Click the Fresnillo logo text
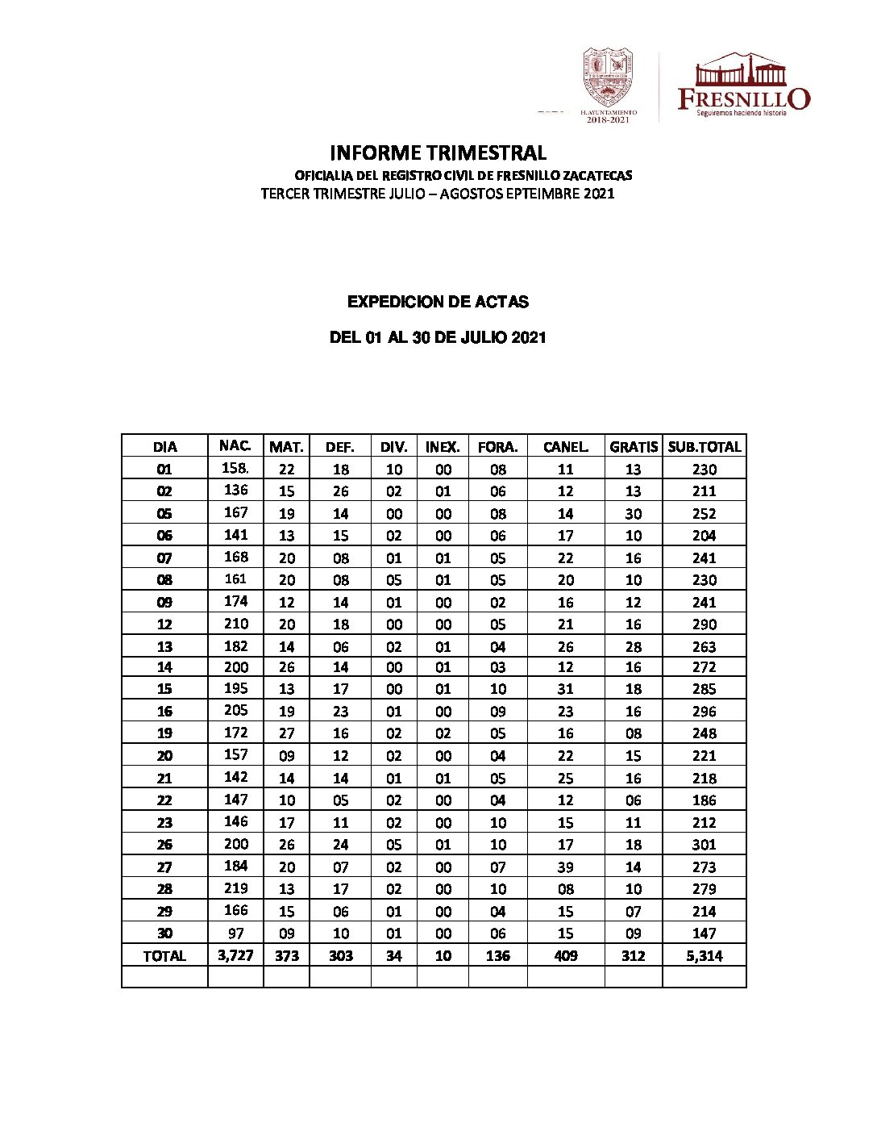[x=743, y=98]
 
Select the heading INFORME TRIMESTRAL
[x=438, y=152]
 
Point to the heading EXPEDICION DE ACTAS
[x=438, y=302]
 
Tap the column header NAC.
[x=235, y=445]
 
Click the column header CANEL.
[x=566, y=446]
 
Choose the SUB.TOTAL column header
[x=704, y=446]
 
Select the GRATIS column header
[x=634, y=446]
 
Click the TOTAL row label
[x=164, y=956]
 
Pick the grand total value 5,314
[x=704, y=956]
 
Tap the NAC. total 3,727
[x=235, y=955]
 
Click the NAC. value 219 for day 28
[x=236, y=888]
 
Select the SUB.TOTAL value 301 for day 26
[x=704, y=845]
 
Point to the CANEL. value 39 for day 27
[x=566, y=867]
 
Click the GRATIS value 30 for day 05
[x=634, y=514]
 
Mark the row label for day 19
[x=164, y=733]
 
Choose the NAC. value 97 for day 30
[x=236, y=933]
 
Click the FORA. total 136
[x=498, y=956]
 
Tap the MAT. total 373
[x=287, y=956]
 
